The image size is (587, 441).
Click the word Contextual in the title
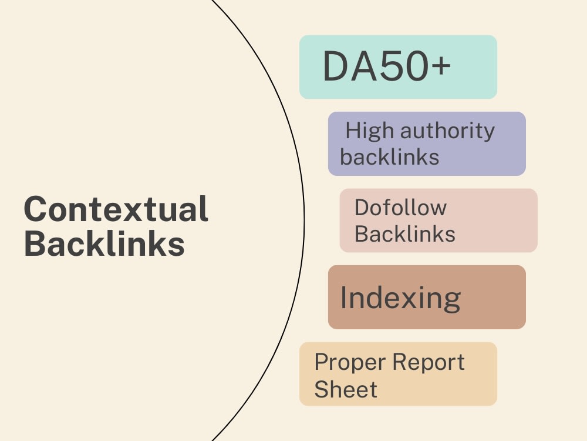click(116, 209)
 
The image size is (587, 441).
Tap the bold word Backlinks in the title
click(104, 243)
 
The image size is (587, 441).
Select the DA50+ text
click(387, 66)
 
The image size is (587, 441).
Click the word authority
click(448, 131)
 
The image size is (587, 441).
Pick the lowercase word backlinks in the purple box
click(389, 156)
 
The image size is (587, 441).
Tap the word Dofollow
click(400, 208)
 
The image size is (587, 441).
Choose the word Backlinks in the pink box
click(404, 233)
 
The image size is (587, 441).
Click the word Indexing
click(400, 299)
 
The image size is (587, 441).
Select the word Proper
click(350, 363)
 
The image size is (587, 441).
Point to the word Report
click(429, 363)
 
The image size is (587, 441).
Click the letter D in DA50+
click(335, 66)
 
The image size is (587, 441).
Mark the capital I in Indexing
click(343, 297)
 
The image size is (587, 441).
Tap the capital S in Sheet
click(322, 389)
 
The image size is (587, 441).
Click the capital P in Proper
click(322, 362)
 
